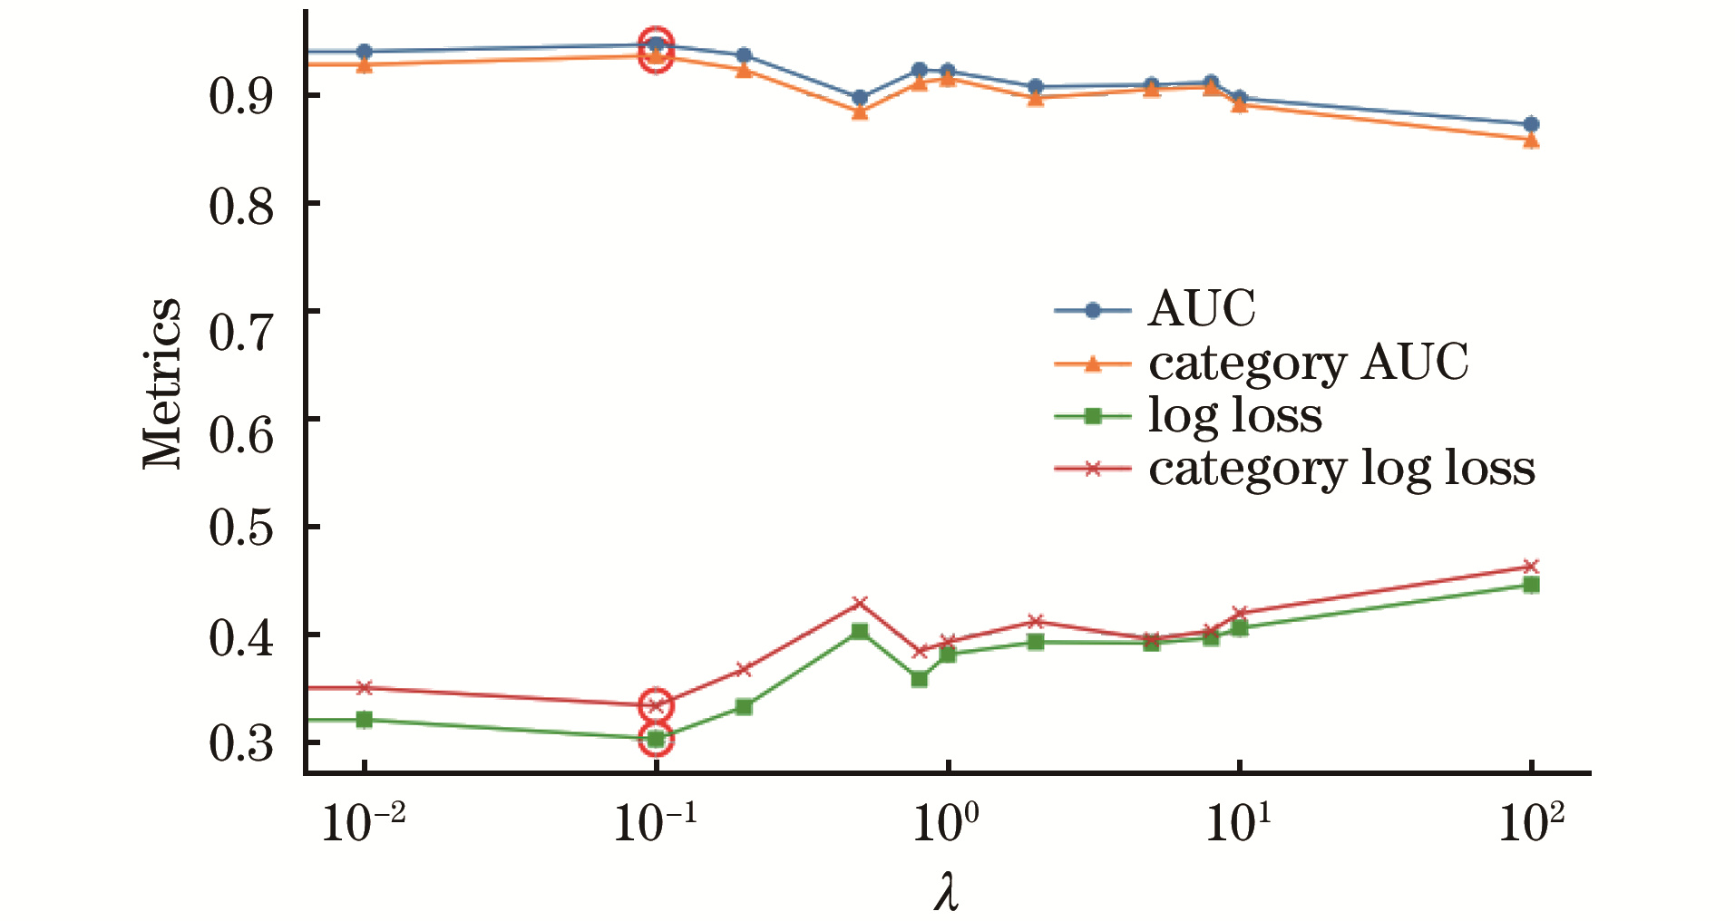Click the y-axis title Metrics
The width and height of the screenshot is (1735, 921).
[163, 383]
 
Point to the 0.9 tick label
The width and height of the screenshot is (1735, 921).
[241, 96]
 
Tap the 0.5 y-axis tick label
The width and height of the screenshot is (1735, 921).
[241, 528]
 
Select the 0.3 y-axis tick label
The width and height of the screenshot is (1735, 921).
[241, 743]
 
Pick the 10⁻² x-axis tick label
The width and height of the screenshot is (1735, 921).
[364, 823]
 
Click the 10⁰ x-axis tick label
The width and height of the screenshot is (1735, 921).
[946, 823]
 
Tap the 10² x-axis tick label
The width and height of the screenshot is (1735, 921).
[1531, 823]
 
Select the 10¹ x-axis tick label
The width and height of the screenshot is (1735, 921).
[1238, 823]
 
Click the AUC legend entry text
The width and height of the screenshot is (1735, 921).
[1202, 309]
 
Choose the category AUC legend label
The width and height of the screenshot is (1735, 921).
[1308, 363]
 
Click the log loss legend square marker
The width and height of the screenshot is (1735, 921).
[1093, 416]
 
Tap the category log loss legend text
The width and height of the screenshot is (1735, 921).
[1341, 469]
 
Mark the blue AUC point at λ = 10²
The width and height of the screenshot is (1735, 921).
[1531, 124]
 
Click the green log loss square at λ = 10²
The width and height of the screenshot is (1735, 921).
[1531, 585]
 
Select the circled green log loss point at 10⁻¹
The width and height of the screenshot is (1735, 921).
[656, 739]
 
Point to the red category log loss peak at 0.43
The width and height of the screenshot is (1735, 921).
[860, 603]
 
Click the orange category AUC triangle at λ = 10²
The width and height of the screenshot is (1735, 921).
[1531, 141]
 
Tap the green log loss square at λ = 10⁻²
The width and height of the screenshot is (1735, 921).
[364, 720]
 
